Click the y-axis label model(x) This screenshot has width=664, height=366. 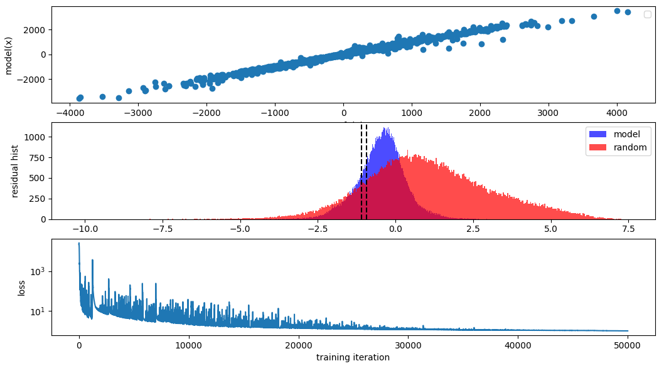point(9,55)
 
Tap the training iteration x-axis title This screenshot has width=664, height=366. point(353,358)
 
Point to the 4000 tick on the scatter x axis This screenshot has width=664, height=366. point(617,113)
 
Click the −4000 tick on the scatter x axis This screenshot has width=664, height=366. point(68,113)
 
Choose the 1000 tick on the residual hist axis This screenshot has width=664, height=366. point(35,137)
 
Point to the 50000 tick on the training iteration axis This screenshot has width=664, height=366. point(628,345)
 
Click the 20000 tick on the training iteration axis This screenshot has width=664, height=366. point(298,345)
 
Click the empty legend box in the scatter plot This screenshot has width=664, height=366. point(648,14)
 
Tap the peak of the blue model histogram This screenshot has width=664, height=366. point(386,129)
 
